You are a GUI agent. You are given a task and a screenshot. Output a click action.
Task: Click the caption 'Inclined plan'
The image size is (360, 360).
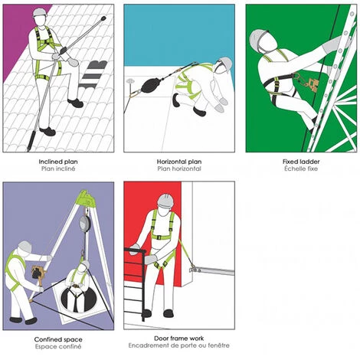pyautogui.click(x=58, y=162)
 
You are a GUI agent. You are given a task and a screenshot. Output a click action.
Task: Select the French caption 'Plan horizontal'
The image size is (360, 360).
pyautogui.click(x=179, y=169)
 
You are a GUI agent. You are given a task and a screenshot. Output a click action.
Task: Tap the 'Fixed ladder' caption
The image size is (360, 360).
pyautogui.click(x=301, y=162)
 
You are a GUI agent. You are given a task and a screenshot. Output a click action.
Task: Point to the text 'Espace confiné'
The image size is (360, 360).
pyautogui.click(x=58, y=347)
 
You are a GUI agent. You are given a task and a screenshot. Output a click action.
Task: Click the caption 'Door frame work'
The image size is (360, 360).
pyautogui.click(x=179, y=339)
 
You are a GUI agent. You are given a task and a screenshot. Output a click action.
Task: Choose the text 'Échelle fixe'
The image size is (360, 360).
pyautogui.click(x=301, y=169)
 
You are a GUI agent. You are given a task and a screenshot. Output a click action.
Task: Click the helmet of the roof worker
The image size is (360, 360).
pyautogui.click(x=40, y=12)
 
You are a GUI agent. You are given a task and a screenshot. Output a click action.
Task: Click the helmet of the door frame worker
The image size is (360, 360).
pyautogui.click(x=165, y=201)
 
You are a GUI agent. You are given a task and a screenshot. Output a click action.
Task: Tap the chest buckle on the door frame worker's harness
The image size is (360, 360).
pyautogui.click(x=159, y=237)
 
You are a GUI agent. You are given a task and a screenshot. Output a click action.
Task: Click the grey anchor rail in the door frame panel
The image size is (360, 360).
pyautogui.click(x=212, y=270)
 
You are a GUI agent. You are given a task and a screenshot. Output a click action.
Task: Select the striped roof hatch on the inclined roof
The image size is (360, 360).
pyautogui.click(x=93, y=74)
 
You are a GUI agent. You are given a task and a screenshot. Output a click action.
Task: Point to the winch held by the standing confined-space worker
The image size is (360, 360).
pyautogui.click(x=38, y=273)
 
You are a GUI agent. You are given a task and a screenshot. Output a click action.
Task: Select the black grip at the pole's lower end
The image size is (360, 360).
pyautogui.click(x=32, y=141)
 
